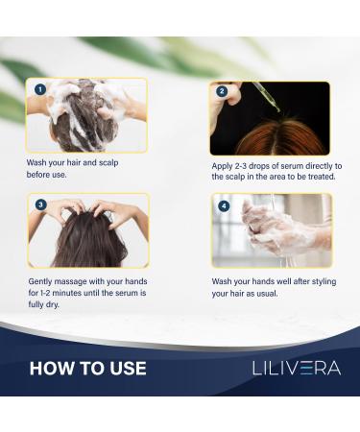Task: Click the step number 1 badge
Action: tap(40, 89)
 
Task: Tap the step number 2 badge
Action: tap(223, 92)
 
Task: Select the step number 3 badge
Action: tap(40, 204)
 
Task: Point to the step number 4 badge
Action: tap(224, 205)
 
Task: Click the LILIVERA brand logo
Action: tap(296, 368)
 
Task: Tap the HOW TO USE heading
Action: tap(88, 368)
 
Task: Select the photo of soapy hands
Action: tap(272, 230)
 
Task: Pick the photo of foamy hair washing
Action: tap(88, 115)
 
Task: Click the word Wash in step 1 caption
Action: tap(38, 163)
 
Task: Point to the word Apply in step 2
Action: tap(223, 165)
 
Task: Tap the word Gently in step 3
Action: tap(42, 282)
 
